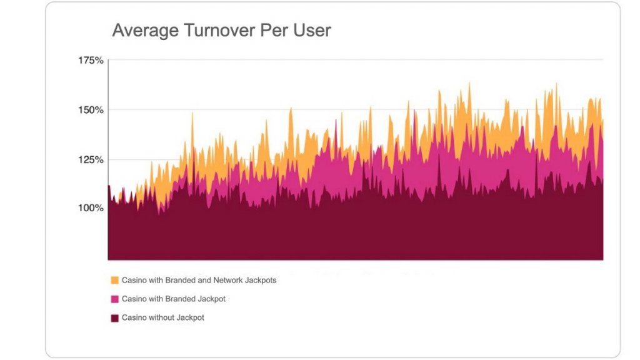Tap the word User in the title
(311, 31)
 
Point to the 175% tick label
(91, 61)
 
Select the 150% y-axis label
(91, 110)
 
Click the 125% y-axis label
(91, 159)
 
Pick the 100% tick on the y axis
(91, 208)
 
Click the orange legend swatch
(114, 281)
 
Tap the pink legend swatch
(114, 299)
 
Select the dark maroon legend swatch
(114, 318)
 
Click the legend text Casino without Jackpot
(162, 318)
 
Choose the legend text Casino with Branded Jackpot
(173, 299)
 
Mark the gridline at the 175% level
(356, 60)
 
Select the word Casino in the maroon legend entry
(134, 318)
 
